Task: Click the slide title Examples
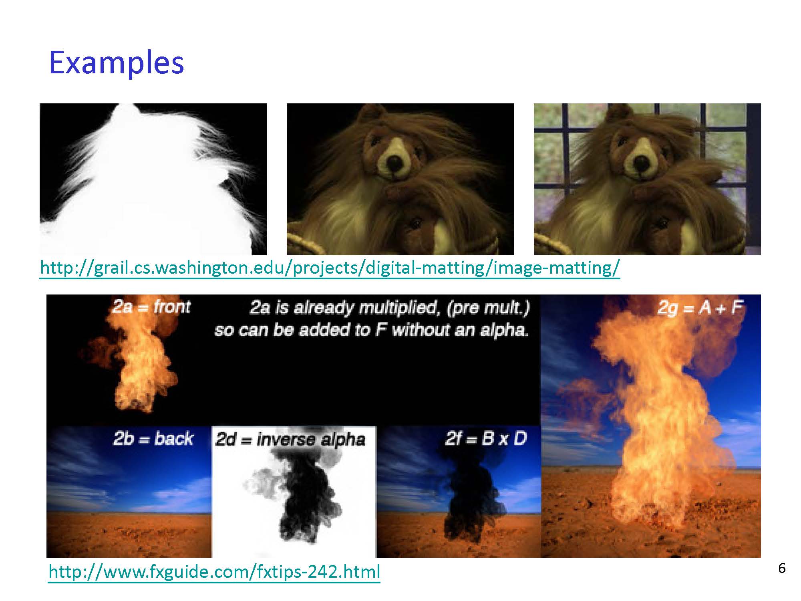coord(116,63)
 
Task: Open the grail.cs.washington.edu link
coord(330,267)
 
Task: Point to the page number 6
coord(782,568)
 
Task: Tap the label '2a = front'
coord(151,307)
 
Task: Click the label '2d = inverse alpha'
coord(290,440)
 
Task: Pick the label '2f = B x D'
coord(485,439)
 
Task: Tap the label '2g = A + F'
coord(700,308)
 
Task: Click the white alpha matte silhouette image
coord(153,179)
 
